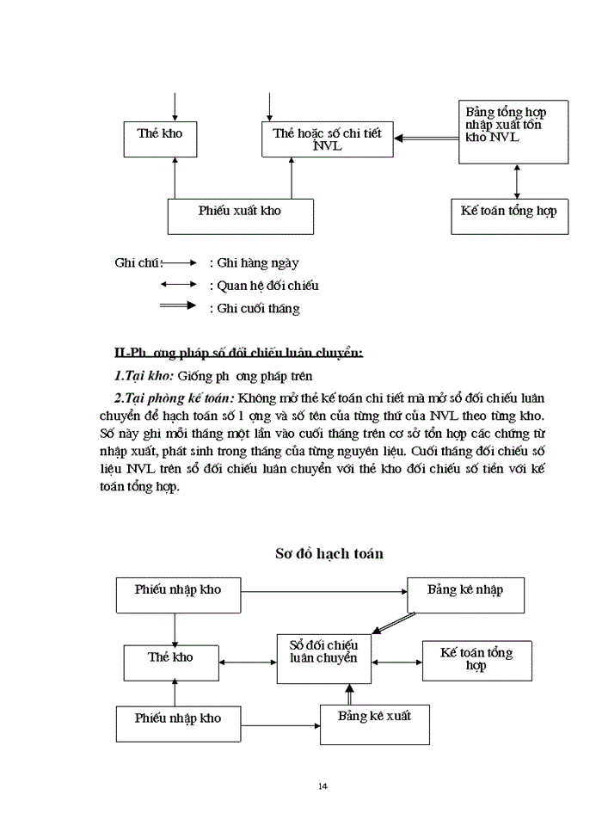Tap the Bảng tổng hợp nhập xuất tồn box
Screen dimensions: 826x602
point(513,131)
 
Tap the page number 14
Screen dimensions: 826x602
point(322,786)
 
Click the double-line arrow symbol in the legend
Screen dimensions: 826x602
point(179,307)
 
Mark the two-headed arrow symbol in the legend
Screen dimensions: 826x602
point(179,285)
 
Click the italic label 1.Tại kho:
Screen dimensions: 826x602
point(144,376)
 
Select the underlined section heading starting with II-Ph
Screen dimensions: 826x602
point(238,353)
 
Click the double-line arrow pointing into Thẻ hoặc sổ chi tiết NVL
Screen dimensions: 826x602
point(427,139)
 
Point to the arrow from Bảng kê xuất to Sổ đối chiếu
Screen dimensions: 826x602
point(349,694)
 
